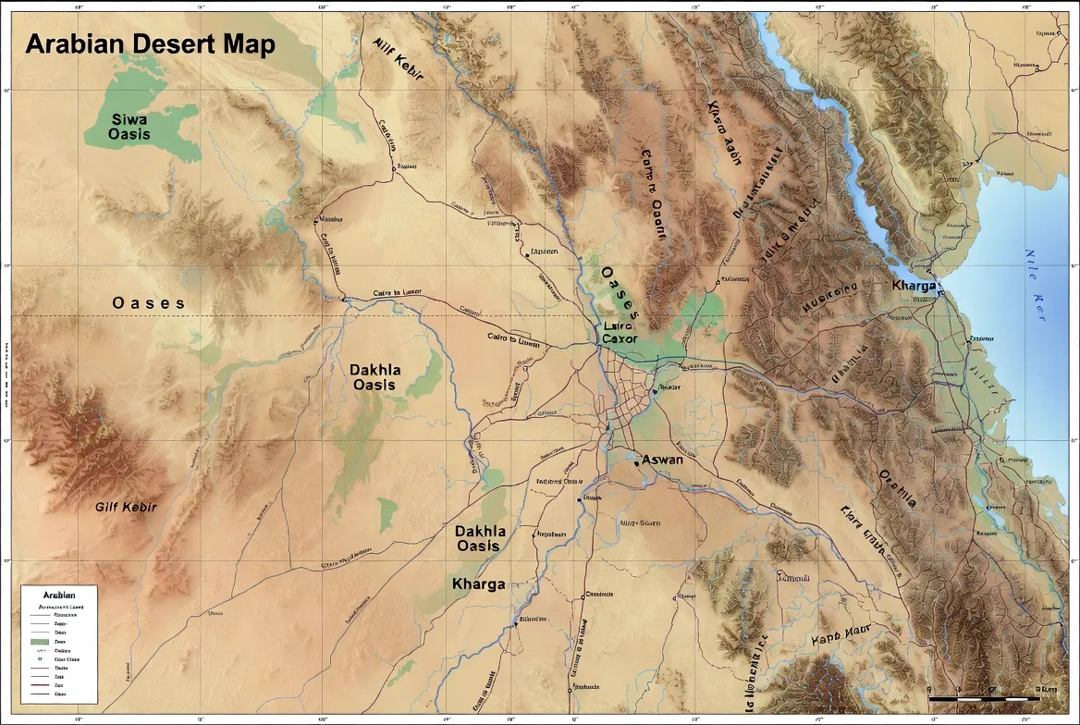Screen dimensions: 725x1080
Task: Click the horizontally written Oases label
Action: (x=148, y=303)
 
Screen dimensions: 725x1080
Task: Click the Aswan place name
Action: (x=663, y=460)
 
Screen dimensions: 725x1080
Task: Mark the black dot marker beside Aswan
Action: (x=637, y=461)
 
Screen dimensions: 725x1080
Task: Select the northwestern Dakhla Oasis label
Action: (x=374, y=377)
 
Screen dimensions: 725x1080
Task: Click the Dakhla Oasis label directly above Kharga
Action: (x=480, y=538)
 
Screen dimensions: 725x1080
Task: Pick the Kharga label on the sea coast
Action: (x=914, y=285)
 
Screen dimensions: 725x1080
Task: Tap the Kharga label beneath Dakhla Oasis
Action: (x=478, y=584)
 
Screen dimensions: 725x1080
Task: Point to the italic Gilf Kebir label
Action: (x=127, y=508)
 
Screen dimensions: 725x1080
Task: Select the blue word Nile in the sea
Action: (x=1033, y=263)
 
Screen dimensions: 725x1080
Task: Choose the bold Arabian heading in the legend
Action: (x=52, y=596)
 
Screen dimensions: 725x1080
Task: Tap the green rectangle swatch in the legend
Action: (x=39, y=641)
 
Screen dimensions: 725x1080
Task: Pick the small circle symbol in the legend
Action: (x=39, y=658)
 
